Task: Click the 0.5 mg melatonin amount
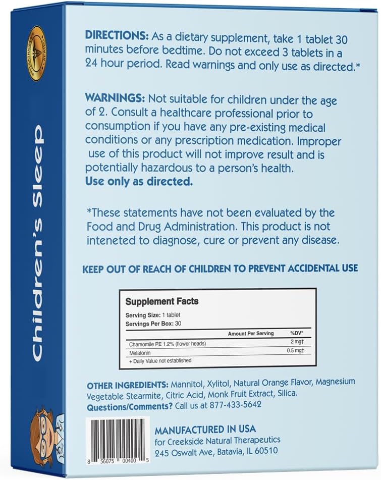pos(300,352)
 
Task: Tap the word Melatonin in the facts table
pos(140,352)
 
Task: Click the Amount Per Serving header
pos(251,334)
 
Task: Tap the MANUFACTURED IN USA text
pos(205,430)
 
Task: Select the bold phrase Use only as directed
pos(139,182)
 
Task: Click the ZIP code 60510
pos(263,451)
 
